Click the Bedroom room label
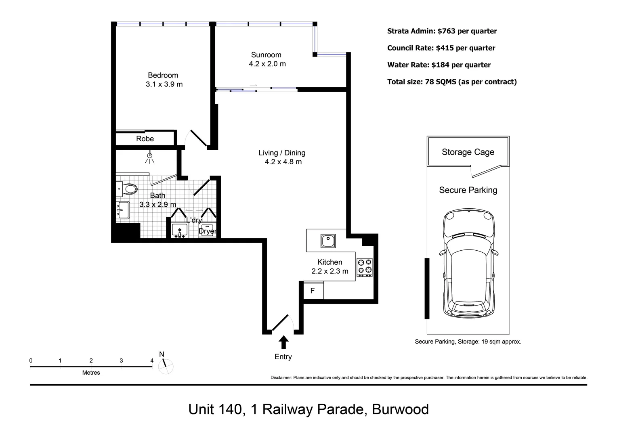point(163,75)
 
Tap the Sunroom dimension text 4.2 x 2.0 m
point(267,64)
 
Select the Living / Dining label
point(282,153)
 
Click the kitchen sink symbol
point(328,241)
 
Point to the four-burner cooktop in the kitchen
point(365,267)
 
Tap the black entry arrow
point(283,342)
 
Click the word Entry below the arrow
point(283,357)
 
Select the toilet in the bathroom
point(130,189)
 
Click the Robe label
point(145,139)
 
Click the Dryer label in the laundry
point(207,231)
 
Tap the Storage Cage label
point(468,152)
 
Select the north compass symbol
point(166,366)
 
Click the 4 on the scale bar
point(152,361)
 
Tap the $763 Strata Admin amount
point(447,31)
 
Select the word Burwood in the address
point(400,409)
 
